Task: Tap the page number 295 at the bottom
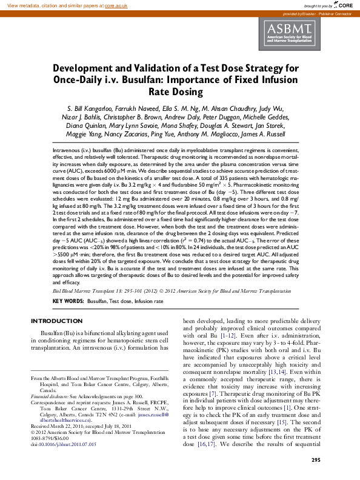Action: pos(315,460)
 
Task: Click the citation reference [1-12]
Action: pos(228,335)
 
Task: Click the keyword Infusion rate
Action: pos(149,301)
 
